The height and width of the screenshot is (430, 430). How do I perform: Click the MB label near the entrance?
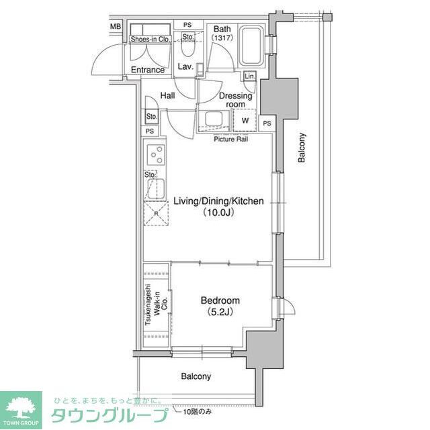[116, 27]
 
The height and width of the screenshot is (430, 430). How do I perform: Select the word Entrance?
[148, 70]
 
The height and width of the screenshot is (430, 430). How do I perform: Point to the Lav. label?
[185, 67]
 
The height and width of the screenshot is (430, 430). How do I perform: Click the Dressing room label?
[235, 100]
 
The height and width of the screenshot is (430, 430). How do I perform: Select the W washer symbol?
[245, 121]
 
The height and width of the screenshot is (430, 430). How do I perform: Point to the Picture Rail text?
[232, 140]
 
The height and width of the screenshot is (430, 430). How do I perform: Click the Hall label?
[167, 96]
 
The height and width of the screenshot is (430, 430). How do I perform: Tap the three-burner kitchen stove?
[157, 156]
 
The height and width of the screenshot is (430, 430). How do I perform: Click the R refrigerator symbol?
[157, 214]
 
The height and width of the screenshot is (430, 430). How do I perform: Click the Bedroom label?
[220, 301]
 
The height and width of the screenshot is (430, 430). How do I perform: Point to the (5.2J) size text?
[220, 312]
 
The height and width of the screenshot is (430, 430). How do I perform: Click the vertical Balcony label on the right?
[302, 148]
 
